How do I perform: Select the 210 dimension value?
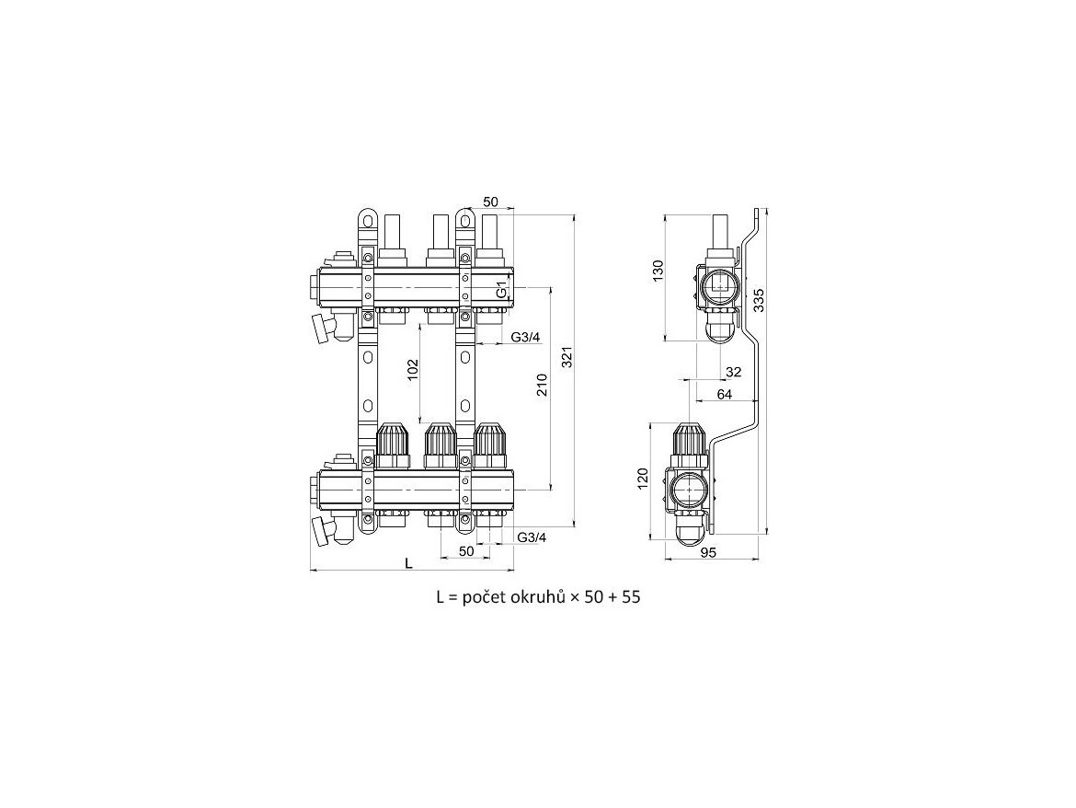[542, 385]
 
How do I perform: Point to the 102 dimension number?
[412, 371]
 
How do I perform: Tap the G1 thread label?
[502, 289]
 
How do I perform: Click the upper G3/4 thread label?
[526, 337]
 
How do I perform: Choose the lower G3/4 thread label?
[532, 537]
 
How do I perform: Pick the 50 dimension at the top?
[491, 202]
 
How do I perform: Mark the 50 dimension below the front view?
[466, 550]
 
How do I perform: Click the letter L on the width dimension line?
[408, 563]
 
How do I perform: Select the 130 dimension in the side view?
[658, 271]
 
